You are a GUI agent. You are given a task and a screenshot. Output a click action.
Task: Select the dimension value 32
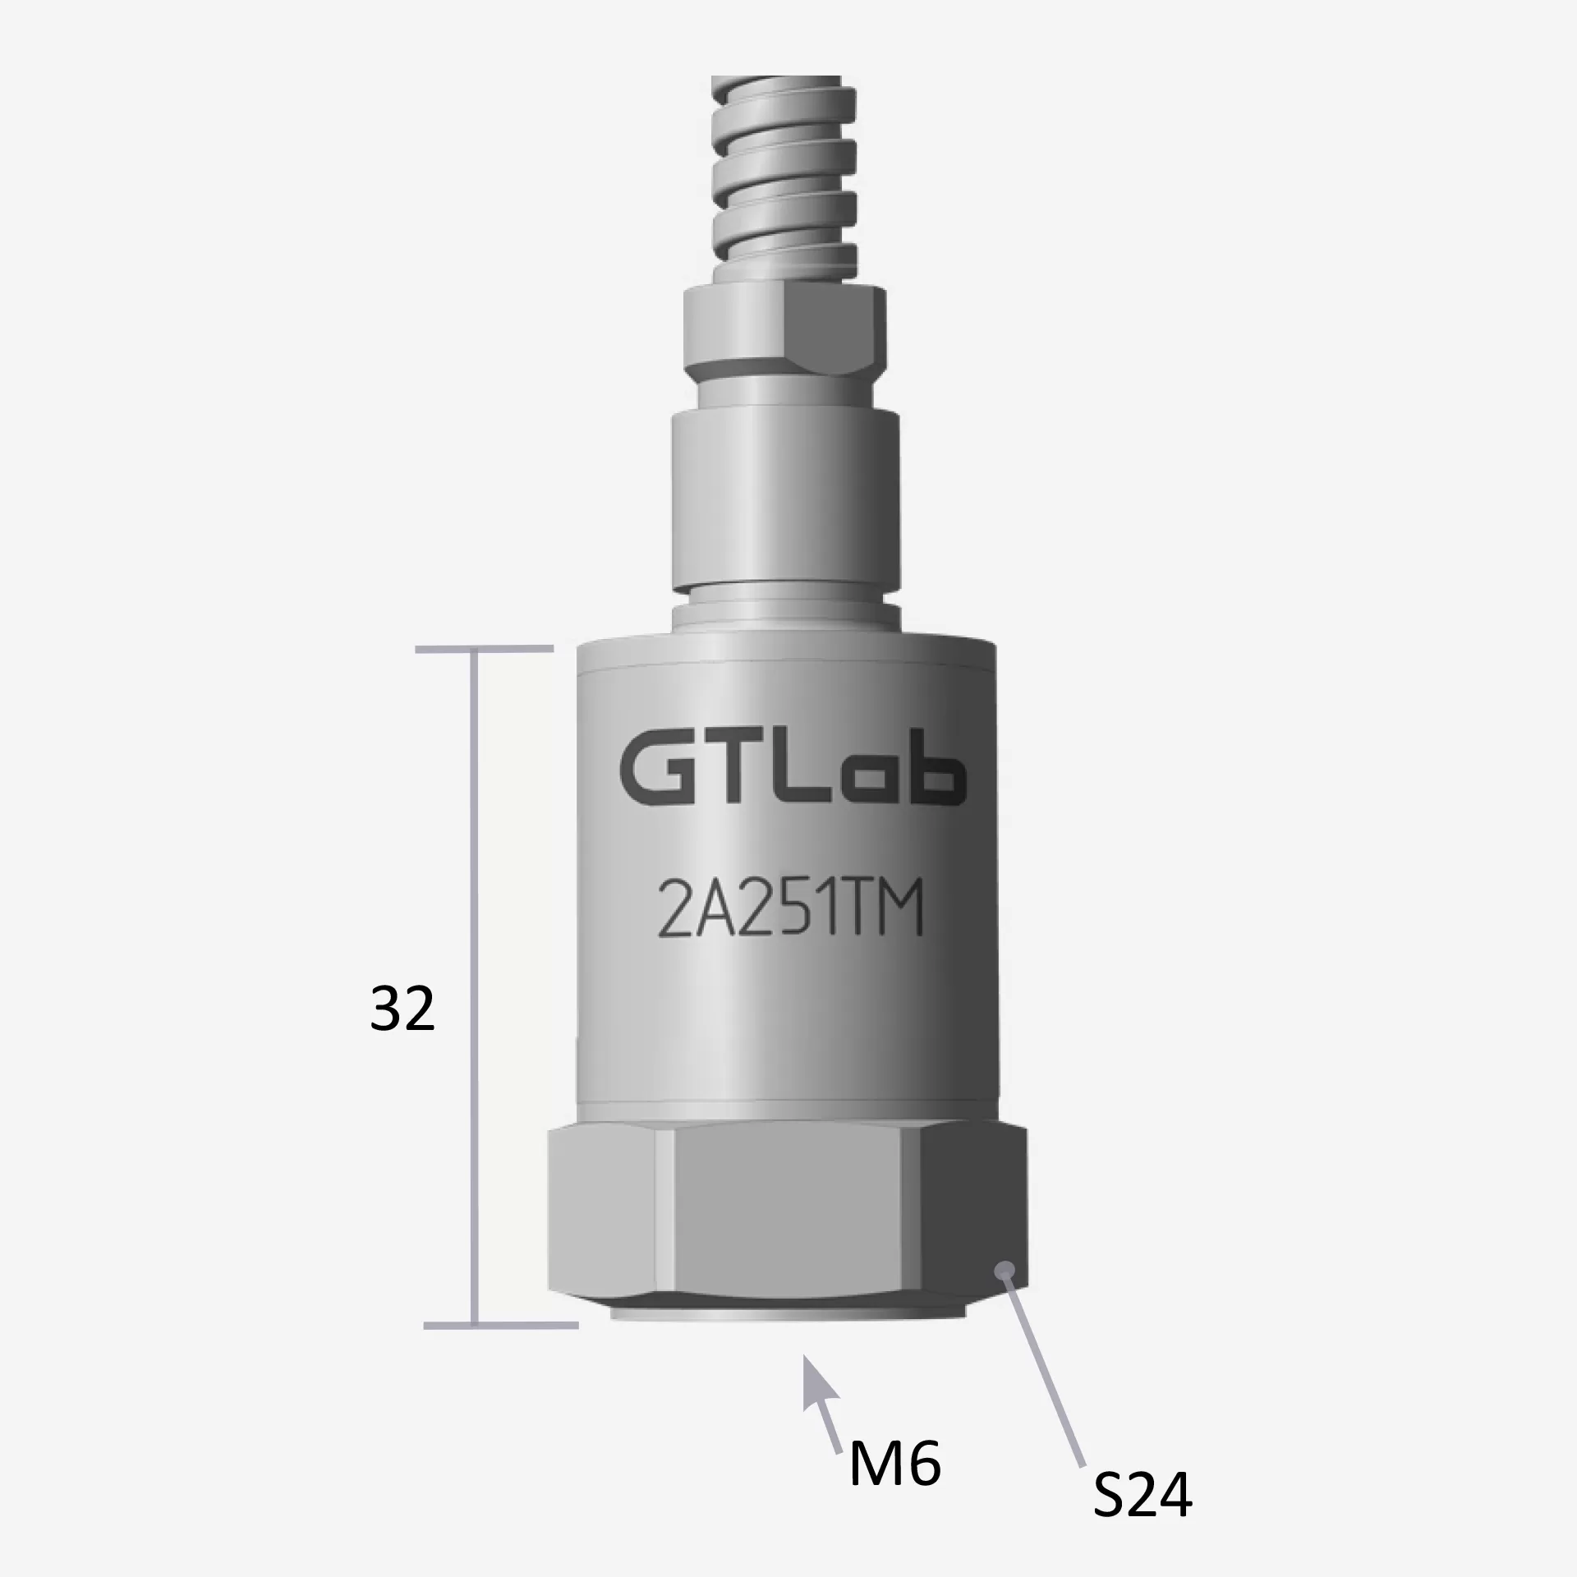coord(402,1009)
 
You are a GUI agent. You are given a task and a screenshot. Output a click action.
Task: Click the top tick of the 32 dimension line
coord(485,650)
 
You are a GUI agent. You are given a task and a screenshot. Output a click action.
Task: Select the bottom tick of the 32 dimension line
coord(501,1348)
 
